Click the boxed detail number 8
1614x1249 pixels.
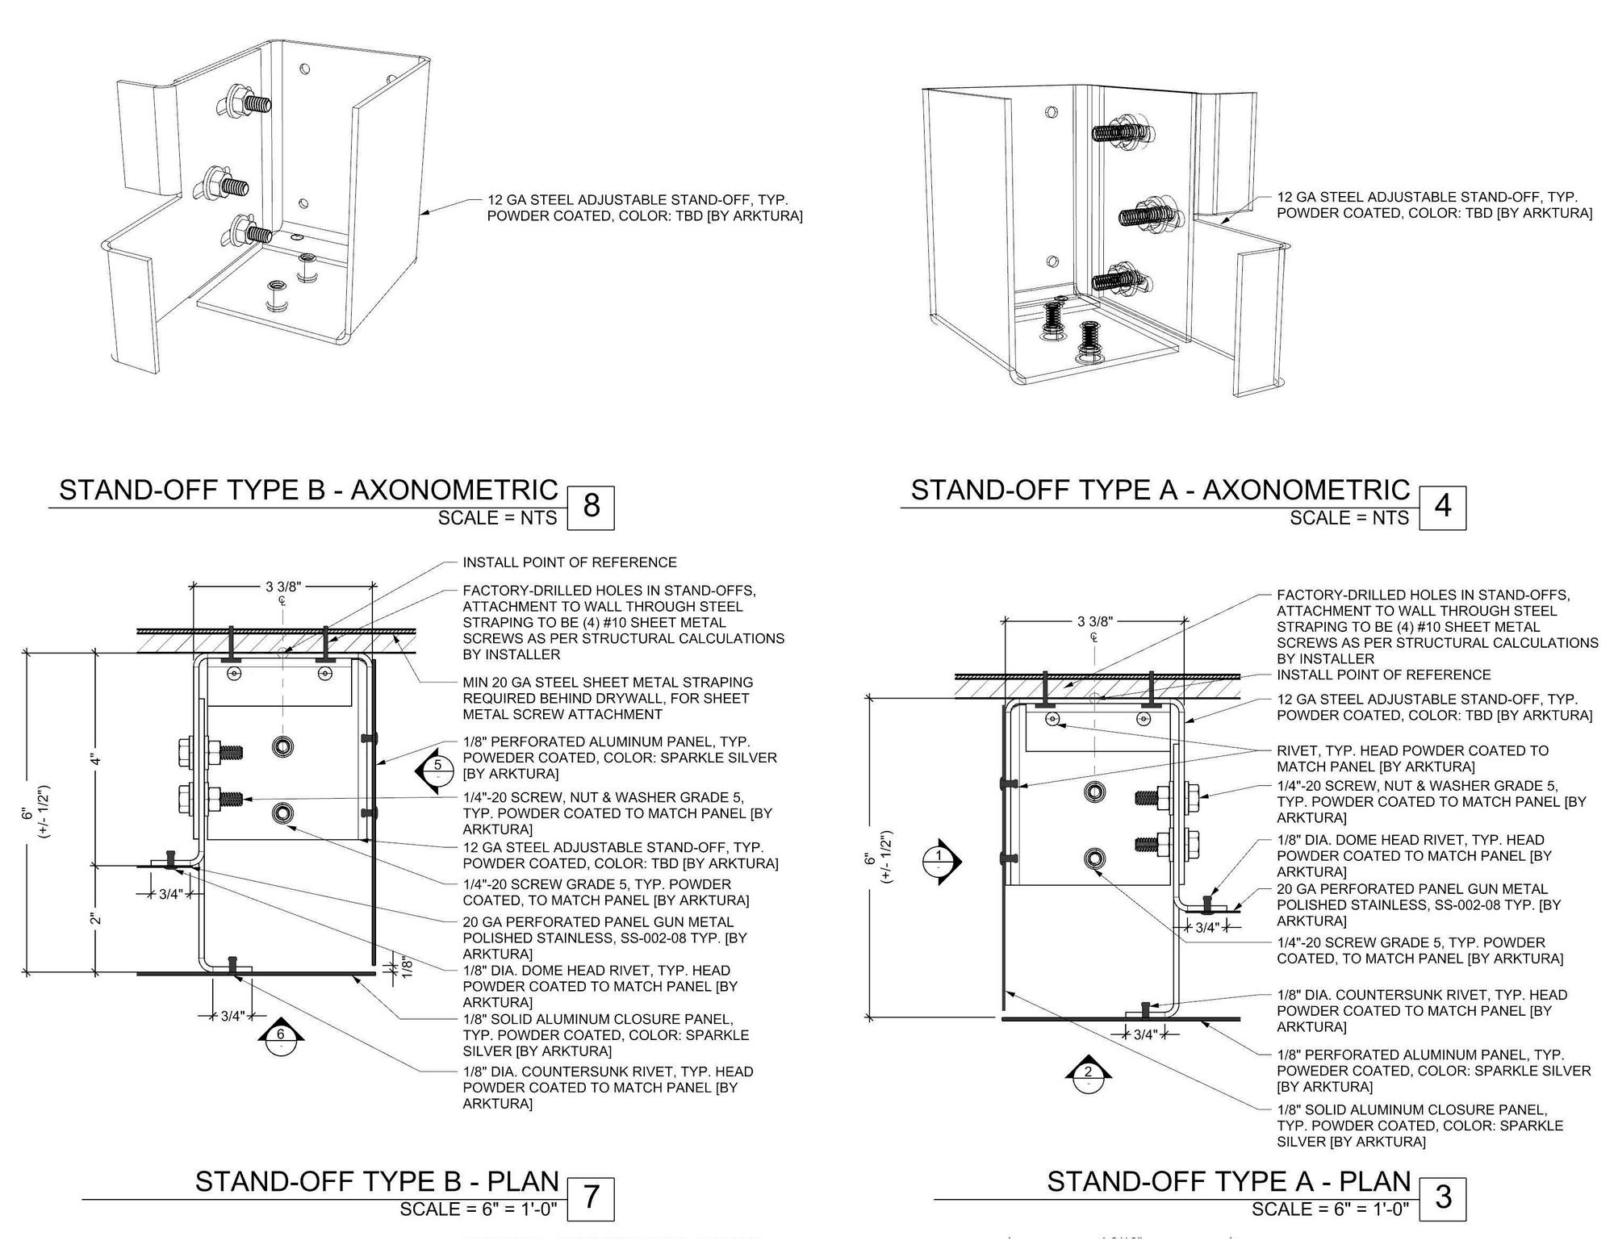tap(591, 507)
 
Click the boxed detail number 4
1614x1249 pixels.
tap(1442, 507)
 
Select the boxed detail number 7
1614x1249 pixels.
tap(591, 1197)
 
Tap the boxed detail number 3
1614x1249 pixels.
tap(1442, 1197)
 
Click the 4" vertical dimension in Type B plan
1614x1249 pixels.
tap(94, 759)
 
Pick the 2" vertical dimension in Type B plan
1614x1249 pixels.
tap(94, 919)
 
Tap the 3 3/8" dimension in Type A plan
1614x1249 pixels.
tap(1094, 621)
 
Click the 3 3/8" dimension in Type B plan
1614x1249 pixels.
tap(283, 587)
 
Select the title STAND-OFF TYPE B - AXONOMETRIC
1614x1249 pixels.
tap(308, 491)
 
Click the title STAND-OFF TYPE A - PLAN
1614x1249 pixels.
tap(1228, 1181)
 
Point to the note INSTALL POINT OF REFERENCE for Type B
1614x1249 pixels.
tap(569, 562)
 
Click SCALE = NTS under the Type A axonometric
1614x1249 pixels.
tap(1348, 518)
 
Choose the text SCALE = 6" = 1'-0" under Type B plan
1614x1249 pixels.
tap(479, 1209)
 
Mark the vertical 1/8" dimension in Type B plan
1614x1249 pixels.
tap(407, 966)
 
